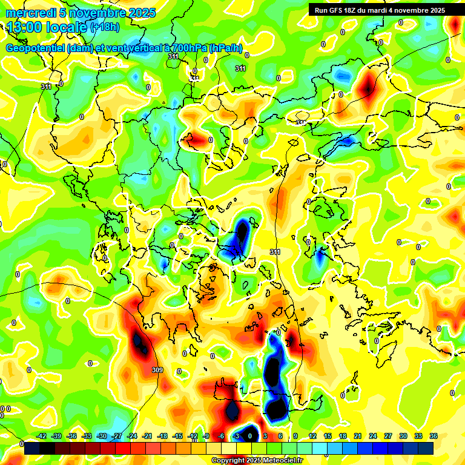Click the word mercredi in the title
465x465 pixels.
(x=28, y=13)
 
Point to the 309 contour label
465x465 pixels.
(x=157, y=369)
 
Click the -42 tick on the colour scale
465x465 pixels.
(x=42, y=436)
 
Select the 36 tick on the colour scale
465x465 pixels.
(x=434, y=436)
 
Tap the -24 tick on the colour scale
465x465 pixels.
(x=132, y=436)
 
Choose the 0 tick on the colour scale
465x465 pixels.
(x=251, y=436)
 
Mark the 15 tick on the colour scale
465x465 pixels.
(x=328, y=436)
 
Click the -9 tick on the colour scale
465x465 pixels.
(x=206, y=436)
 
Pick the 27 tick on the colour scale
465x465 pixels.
(x=388, y=436)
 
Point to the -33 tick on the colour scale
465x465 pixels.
(x=87, y=436)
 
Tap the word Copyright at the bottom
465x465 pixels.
(x=228, y=460)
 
